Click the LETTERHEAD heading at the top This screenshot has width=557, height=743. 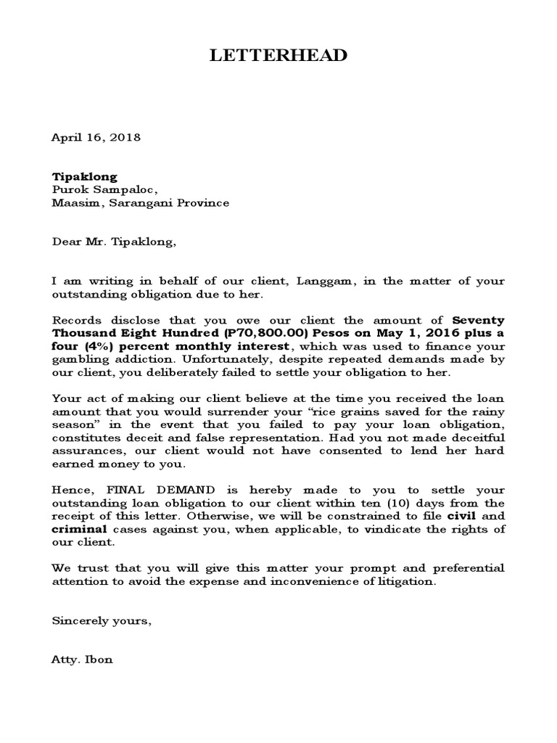point(278,57)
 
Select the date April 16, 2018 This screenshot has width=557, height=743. point(96,136)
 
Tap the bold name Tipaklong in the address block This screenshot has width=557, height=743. point(84,176)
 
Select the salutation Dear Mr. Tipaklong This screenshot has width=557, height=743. point(114,242)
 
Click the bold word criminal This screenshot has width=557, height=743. point(78,529)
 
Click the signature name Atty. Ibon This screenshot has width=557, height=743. point(83,660)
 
